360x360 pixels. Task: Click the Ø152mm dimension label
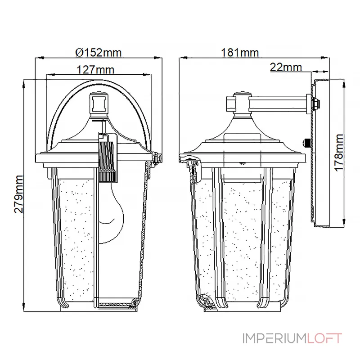(x=98, y=53)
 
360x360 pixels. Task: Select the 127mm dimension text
(x=95, y=70)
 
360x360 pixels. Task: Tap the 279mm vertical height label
(x=18, y=194)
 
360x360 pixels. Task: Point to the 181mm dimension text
(x=240, y=53)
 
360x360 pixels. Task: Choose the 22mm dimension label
(x=286, y=67)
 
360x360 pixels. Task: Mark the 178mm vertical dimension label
(x=339, y=153)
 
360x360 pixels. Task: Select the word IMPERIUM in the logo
(x=274, y=338)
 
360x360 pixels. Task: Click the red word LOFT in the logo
(x=324, y=338)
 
